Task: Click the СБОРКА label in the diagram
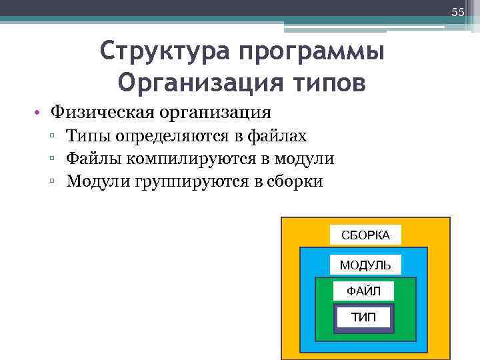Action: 365,235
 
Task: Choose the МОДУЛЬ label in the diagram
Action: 365,265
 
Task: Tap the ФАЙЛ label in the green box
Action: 364,291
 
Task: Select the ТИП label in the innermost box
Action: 363,317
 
